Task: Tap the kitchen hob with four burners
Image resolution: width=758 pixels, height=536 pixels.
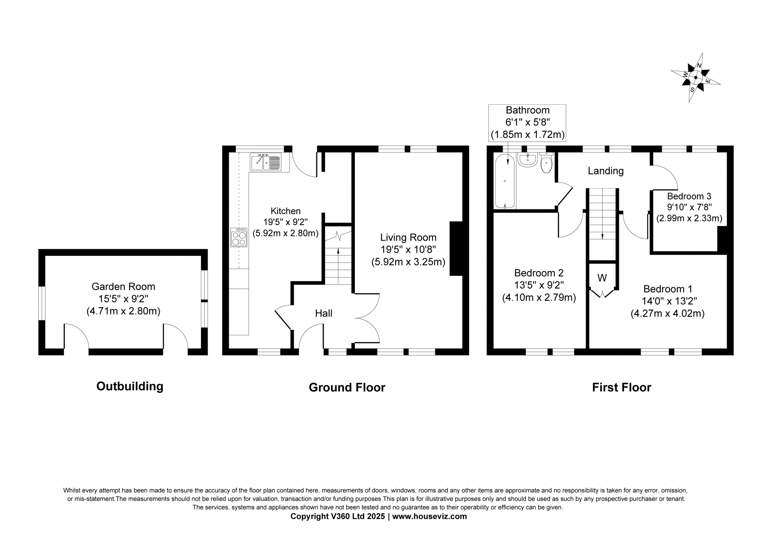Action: (239, 237)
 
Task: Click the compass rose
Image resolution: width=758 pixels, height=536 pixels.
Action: (695, 78)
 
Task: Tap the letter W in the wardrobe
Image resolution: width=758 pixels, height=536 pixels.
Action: (602, 278)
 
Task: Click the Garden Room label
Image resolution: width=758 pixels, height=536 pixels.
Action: (123, 286)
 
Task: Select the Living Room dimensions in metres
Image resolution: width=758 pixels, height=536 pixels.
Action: (408, 262)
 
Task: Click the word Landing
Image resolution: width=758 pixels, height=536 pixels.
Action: (605, 171)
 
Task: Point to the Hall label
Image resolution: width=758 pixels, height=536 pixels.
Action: (324, 313)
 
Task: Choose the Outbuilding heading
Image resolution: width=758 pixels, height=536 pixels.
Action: (130, 386)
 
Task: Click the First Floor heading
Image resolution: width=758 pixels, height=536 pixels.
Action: (622, 387)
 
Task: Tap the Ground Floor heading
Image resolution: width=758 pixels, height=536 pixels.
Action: (347, 387)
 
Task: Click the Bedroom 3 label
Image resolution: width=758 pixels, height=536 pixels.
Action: (689, 196)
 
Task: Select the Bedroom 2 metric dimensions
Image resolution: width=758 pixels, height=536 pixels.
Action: (539, 297)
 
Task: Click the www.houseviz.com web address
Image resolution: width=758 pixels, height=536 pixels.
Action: (429, 517)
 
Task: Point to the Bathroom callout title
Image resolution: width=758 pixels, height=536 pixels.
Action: (528, 110)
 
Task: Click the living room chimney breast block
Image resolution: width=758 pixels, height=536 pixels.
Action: (456, 248)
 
